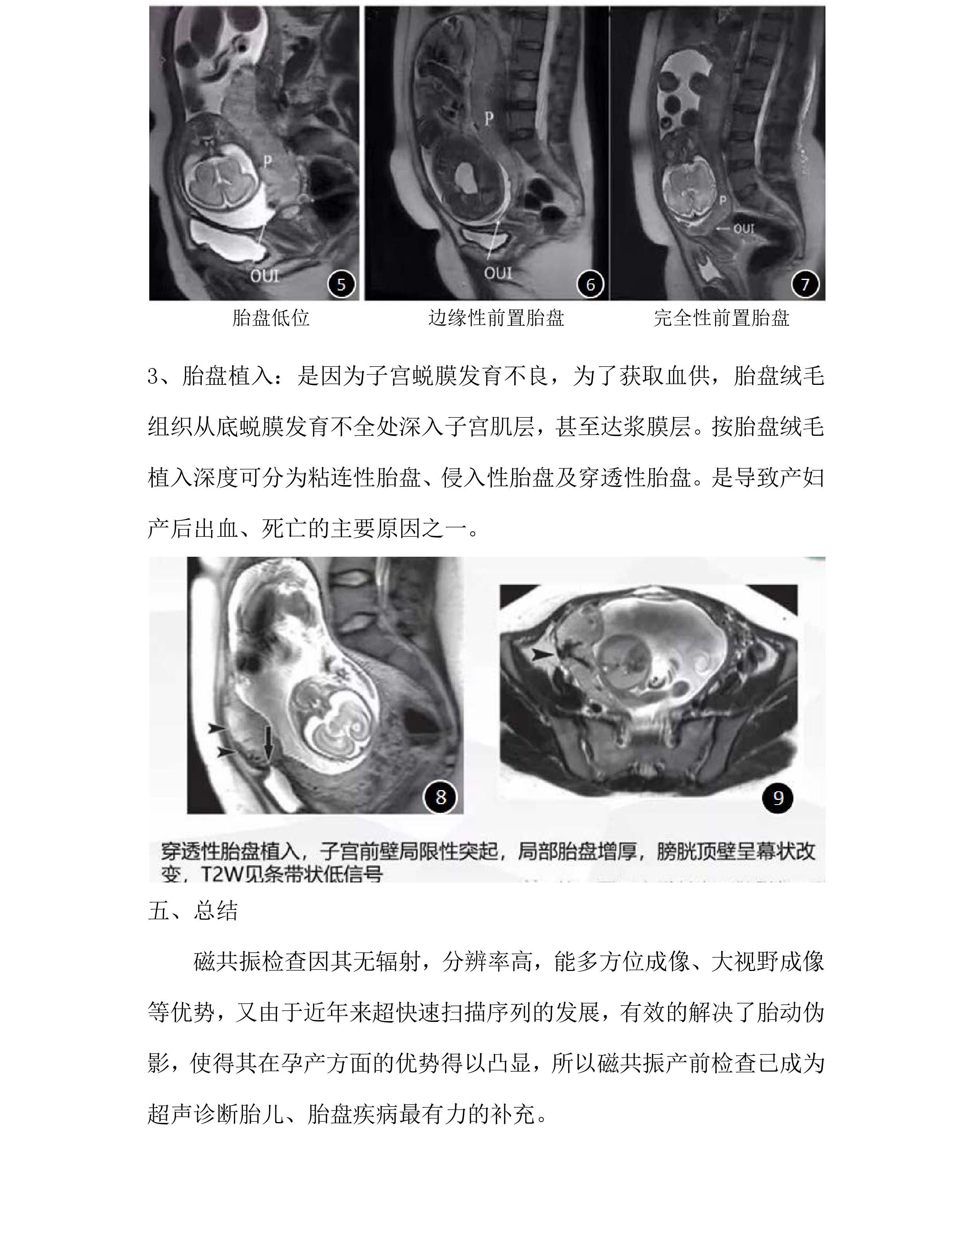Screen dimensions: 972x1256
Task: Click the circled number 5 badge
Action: tap(341, 284)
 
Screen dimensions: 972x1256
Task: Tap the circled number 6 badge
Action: tap(590, 284)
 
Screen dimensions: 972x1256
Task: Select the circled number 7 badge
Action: tap(805, 284)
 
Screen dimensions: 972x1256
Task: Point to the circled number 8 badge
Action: tap(441, 797)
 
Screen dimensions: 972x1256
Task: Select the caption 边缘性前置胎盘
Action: tap(496, 318)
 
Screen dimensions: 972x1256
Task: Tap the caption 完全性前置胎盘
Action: tap(721, 318)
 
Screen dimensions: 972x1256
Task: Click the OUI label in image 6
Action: tap(498, 272)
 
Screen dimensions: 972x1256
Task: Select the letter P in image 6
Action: tap(489, 119)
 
